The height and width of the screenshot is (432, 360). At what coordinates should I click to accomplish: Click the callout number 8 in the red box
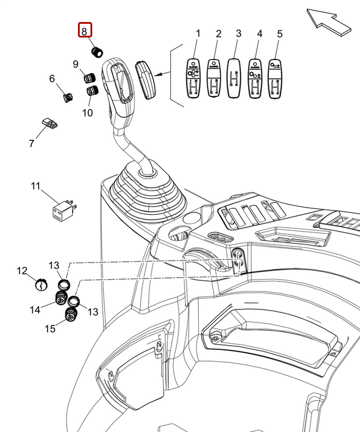[84, 30]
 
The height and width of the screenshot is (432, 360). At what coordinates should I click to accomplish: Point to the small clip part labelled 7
[51, 124]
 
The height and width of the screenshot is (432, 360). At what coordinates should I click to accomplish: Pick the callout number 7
[32, 143]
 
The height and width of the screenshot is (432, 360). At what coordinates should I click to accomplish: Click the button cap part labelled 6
[67, 95]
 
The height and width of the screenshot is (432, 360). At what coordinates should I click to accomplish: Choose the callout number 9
[76, 64]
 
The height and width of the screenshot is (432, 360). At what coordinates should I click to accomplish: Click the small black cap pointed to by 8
[97, 51]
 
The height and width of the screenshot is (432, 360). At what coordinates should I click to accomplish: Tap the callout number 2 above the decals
[218, 33]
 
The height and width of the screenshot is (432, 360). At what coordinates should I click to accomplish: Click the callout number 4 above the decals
[259, 33]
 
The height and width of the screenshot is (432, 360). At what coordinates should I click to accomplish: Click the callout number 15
[50, 328]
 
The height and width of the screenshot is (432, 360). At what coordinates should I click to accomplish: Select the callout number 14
[35, 309]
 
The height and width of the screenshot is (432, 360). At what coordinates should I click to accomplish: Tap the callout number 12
[22, 271]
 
